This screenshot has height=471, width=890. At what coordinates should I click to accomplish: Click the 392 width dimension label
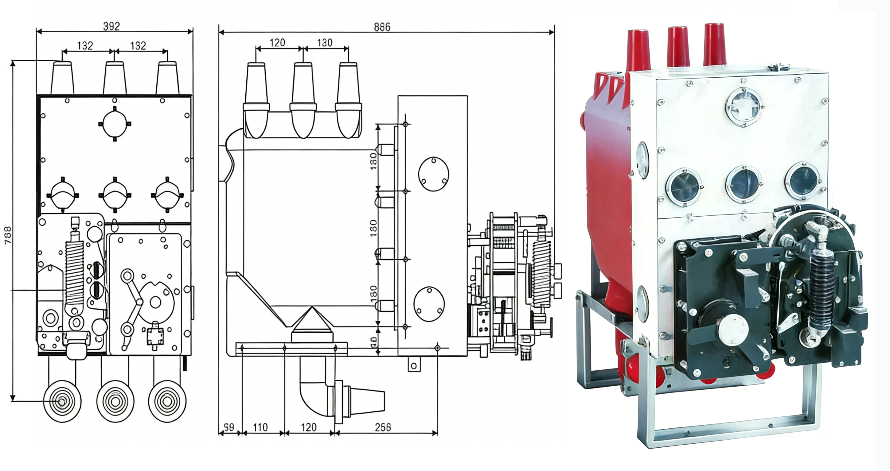111,26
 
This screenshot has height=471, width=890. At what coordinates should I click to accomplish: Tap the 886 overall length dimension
382,27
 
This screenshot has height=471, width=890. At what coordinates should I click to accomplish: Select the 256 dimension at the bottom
383,427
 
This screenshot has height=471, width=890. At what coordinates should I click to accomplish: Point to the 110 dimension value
260,427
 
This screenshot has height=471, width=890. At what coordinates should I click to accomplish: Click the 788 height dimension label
8,236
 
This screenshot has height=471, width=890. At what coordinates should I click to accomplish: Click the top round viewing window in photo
744,106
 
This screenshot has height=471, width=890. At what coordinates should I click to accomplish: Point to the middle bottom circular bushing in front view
115,401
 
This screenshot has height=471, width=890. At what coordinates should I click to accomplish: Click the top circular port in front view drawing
115,124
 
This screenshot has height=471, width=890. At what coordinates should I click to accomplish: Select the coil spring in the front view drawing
75,273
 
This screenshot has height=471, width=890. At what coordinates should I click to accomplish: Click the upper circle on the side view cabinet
433,174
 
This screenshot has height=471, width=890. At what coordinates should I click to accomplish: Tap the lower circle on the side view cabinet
429,304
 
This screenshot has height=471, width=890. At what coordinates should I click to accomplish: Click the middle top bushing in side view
303,100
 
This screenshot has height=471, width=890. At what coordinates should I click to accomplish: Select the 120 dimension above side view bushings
277,43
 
